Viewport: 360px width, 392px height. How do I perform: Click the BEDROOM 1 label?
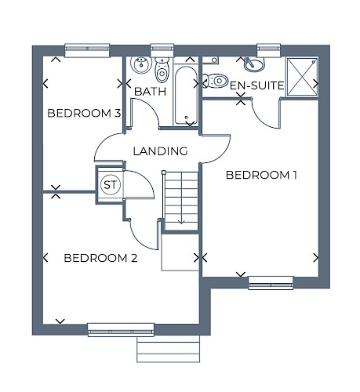[261, 175]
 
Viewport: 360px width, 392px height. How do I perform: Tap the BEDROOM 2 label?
[100, 258]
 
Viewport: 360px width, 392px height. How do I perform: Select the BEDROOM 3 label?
[84, 113]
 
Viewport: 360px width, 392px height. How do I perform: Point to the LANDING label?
[160, 151]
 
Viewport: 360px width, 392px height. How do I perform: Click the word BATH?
[151, 92]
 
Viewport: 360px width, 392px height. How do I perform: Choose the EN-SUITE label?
[256, 85]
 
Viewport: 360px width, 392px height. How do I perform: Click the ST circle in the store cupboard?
[111, 185]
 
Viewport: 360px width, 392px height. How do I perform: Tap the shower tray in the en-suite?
[302, 77]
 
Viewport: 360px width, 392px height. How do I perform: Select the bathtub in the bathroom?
[186, 96]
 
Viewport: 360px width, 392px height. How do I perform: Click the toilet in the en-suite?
[215, 81]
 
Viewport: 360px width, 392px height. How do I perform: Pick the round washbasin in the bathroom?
[141, 64]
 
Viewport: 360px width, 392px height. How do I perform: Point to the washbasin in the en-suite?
[254, 64]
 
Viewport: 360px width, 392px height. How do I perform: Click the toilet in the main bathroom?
[162, 70]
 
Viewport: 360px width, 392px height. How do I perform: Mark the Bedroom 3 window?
[87, 50]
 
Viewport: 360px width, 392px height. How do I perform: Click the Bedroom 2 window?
[121, 330]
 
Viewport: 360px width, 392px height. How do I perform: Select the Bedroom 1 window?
[271, 283]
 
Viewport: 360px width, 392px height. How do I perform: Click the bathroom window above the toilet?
[162, 50]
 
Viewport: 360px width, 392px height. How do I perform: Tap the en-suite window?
[269, 50]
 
